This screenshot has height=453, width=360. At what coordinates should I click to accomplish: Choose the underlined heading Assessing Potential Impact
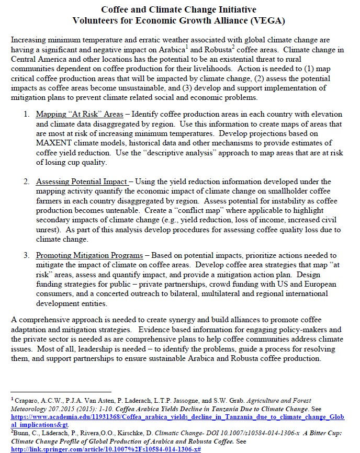click(x=82, y=182)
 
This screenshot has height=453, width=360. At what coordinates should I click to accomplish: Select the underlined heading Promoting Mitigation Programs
click(x=89, y=255)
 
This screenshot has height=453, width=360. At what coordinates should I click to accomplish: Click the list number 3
click(x=26, y=255)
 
